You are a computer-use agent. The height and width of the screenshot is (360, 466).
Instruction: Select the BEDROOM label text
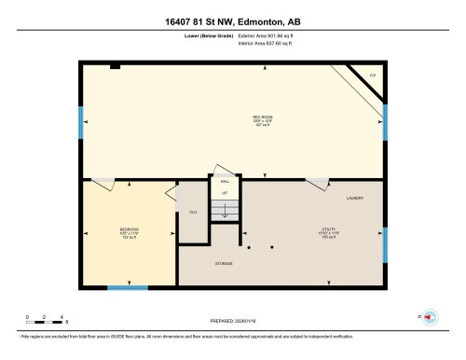[130, 229]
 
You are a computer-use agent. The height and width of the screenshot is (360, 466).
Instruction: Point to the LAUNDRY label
[354, 198]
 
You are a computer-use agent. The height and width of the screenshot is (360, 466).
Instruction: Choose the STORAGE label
[223, 264]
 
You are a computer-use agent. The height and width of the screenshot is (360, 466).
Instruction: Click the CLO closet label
[193, 213]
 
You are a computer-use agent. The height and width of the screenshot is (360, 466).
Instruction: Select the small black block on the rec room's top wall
[115, 66]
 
